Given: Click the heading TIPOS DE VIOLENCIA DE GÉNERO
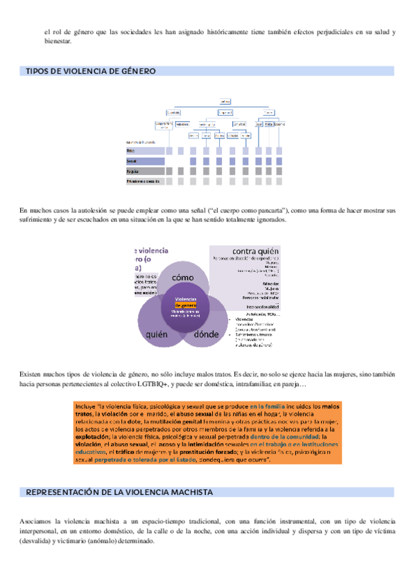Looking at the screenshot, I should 90,71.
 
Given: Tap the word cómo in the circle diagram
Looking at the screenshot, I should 183,277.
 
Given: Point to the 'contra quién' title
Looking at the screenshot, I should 255,251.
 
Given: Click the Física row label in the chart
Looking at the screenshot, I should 131,150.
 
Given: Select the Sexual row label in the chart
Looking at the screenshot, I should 132,161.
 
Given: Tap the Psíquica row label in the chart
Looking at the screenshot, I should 133,171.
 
